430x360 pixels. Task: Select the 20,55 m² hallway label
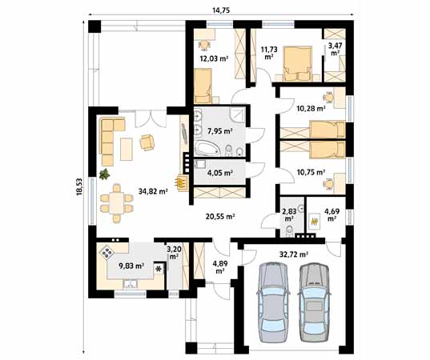(219, 216)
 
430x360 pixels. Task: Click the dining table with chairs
(118, 202)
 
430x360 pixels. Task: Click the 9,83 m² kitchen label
(131, 266)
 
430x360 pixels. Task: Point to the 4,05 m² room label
(219, 172)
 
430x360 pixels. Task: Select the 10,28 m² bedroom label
(310, 107)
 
